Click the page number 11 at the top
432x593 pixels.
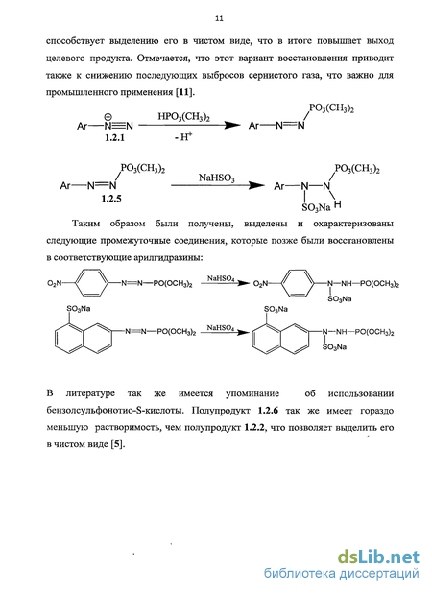[219, 18]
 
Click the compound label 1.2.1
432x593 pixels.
[114, 137]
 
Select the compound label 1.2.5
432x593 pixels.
[111, 199]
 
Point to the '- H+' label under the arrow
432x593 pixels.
[184, 137]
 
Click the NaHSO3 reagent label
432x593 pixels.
[217, 178]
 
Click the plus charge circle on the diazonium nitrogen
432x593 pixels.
[108, 116]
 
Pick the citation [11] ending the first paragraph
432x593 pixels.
[184, 92]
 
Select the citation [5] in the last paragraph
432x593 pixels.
[117, 444]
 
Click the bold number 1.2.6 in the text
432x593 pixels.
[268, 411]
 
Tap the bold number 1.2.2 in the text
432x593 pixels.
[253, 428]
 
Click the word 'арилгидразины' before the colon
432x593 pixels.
[168, 258]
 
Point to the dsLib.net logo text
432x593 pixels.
[378, 557]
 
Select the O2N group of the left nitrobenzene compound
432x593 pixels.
[55, 283]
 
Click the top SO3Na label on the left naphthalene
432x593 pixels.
[79, 309]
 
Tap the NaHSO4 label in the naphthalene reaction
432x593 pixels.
[221, 328]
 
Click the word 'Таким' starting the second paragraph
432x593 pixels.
[85, 224]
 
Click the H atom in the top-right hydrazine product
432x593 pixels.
[338, 204]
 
